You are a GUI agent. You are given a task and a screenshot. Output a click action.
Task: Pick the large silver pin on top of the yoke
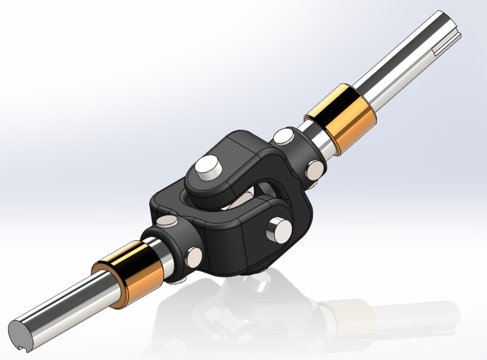click(208, 167)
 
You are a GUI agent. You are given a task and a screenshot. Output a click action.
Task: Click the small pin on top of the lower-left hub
click(169, 222)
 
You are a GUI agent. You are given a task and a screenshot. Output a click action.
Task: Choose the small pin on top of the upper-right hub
click(284, 136)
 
